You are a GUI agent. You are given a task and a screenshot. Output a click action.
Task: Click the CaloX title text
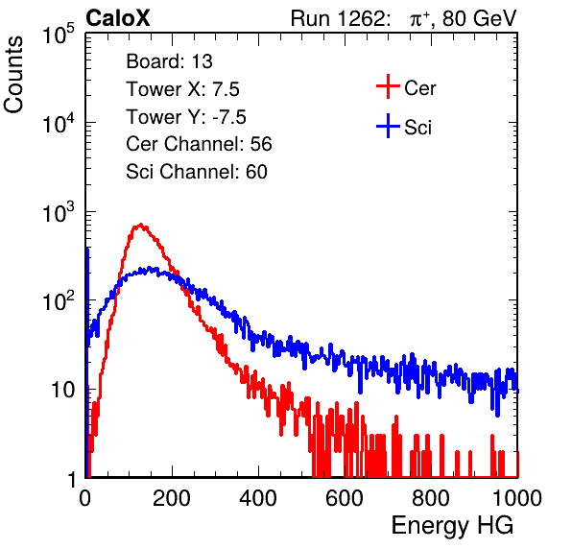tap(117, 18)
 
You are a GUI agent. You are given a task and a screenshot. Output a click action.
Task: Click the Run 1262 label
tap(338, 18)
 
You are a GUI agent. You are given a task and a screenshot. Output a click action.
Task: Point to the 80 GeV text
tap(479, 18)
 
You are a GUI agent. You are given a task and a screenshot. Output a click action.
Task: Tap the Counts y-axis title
tap(13, 75)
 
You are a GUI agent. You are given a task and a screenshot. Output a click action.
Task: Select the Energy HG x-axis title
tap(452, 526)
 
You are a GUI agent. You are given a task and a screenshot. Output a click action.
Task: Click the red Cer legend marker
tap(388, 86)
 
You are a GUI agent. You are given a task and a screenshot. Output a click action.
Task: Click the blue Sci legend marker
tap(388, 127)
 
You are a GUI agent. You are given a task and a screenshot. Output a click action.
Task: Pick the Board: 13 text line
tap(169, 61)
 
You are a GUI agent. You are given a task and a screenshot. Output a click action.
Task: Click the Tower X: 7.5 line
tap(182, 89)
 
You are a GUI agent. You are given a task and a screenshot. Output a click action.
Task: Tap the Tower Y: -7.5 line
tap(186, 117)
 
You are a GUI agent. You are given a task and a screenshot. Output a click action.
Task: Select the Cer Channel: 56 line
tap(199, 144)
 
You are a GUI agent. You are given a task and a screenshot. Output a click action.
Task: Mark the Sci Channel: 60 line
tap(197, 172)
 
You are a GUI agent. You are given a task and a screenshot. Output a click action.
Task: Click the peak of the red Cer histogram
tap(140, 225)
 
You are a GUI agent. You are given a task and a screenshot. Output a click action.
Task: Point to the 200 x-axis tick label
tap(172, 498)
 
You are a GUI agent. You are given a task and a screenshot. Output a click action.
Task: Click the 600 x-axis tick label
tap(345, 498)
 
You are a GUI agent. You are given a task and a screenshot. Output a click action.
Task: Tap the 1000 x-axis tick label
tap(517, 498)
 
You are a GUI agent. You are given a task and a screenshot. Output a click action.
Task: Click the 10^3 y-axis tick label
tap(59, 212)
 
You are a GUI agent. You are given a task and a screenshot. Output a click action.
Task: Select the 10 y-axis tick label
tap(62, 391)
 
